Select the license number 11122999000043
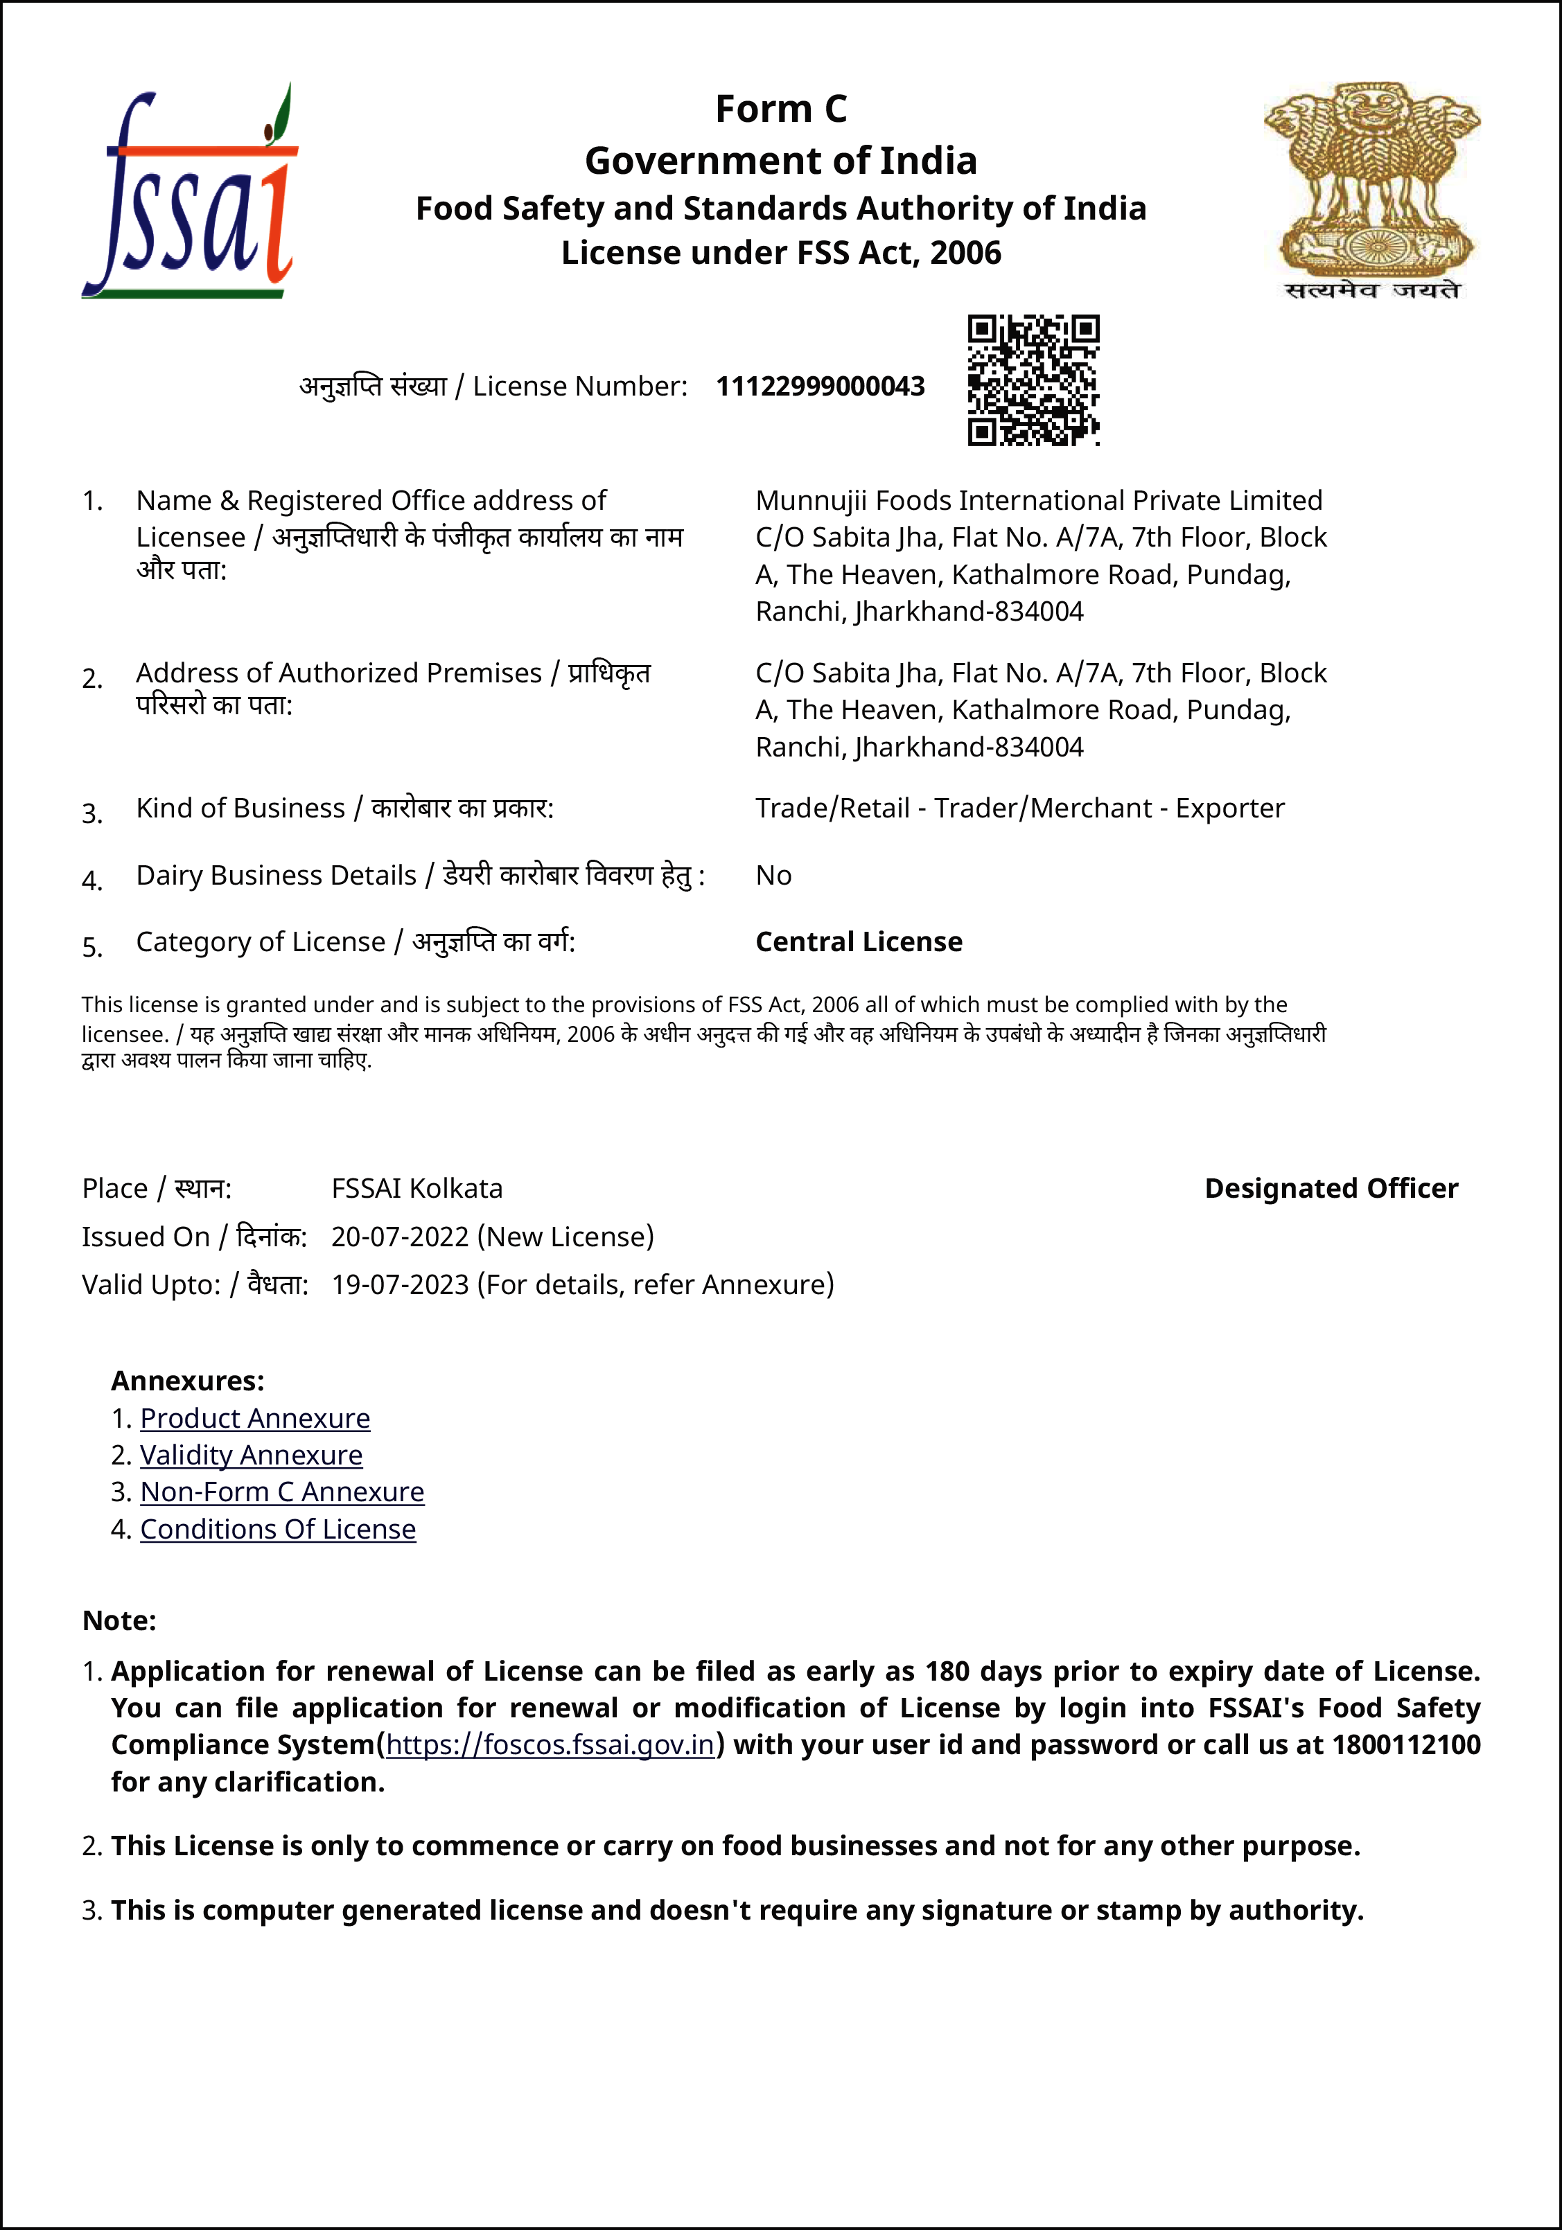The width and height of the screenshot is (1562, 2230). (820, 387)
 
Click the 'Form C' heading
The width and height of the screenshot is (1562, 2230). (781, 109)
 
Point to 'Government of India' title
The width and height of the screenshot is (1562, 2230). (781, 160)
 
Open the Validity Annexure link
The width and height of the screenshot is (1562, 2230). (251, 1455)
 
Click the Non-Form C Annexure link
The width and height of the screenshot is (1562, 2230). (282, 1492)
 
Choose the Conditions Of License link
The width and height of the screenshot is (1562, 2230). (278, 1529)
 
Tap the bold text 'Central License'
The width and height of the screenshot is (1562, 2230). (859, 941)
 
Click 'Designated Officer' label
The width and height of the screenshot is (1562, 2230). (1331, 1188)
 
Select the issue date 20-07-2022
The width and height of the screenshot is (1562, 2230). (401, 1237)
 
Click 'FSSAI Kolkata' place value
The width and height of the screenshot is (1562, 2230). (416, 1188)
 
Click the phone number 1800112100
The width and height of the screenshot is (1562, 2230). (1405, 1744)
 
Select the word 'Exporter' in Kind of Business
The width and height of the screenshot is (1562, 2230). (1230, 808)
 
